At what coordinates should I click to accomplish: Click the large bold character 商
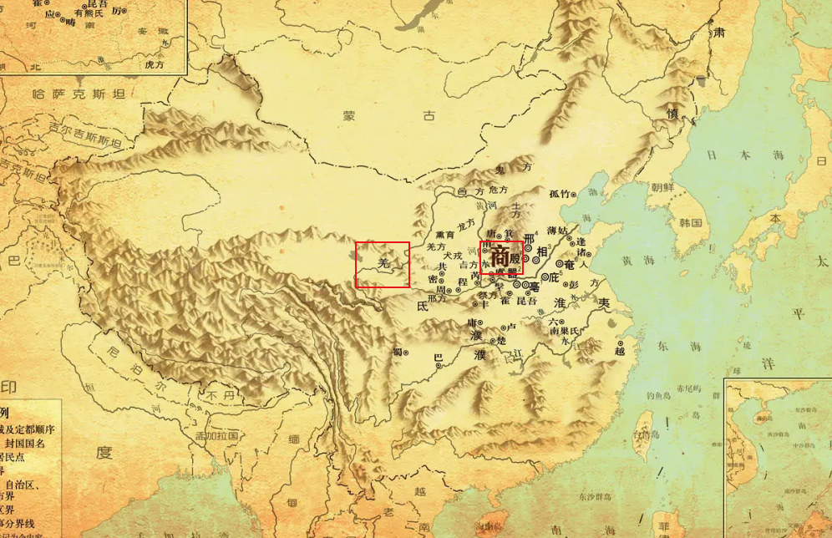(500, 256)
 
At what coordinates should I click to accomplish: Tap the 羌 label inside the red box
(384, 263)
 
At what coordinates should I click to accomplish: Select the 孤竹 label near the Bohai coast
(559, 194)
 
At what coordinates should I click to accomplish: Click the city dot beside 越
(621, 343)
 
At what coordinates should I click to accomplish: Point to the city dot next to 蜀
(406, 353)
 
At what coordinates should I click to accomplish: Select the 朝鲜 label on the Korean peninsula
(662, 187)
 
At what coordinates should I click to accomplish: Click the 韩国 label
(690, 223)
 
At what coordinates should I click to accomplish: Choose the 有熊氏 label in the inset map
(89, 14)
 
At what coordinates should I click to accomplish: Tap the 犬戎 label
(452, 255)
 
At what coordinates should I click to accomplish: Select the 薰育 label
(444, 236)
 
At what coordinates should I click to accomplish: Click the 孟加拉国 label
(216, 435)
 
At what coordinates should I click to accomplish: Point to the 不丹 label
(200, 395)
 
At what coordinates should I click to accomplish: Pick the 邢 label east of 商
(528, 240)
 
